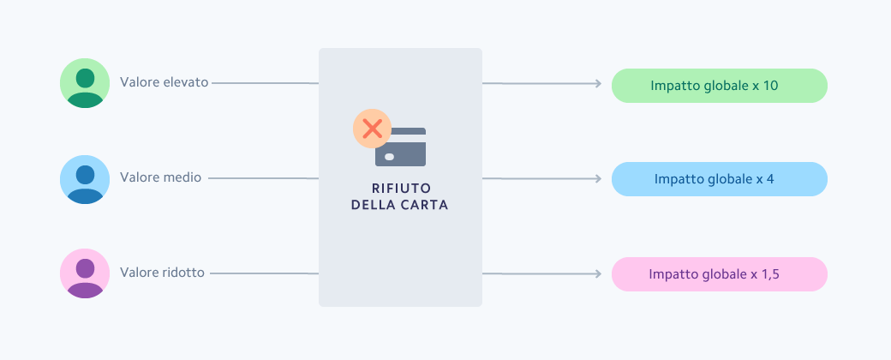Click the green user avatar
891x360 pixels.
[x=85, y=83]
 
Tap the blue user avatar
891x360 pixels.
[x=85, y=179]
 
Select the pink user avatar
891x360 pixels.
[x=85, y=273]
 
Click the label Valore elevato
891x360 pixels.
[x=164, y=83]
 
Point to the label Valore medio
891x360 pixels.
[x=161, y=178]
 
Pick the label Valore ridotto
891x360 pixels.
[x=163, y=273]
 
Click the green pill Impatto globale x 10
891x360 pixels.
[x=719, y=86]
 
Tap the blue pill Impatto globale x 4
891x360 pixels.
[x=719, y=179]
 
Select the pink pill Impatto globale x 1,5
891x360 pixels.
[x=719, y=274]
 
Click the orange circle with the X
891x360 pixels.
[x=372, y=129]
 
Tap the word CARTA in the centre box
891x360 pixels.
[x=425, y=206]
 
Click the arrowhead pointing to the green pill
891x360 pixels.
[x=597, y=84]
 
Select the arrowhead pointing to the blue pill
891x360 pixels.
[x=597, y=179]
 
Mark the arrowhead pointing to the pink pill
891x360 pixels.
[x=597, y=274]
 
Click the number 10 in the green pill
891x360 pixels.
[x=769, y=86]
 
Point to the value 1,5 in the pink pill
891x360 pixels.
[x=769, y=274]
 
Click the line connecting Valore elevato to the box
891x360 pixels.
[x=264, y=83]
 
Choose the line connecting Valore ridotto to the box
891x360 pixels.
[x=264, y=273]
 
